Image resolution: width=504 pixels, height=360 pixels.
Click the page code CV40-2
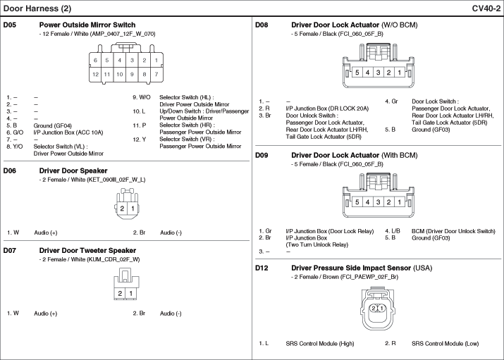(486, 8)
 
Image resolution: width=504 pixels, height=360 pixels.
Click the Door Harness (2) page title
(37, 8)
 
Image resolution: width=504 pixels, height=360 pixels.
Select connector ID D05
(9, 25)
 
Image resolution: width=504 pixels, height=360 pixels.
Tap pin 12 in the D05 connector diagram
(96, 73)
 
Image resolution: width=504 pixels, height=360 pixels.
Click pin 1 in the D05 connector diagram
(156, 61)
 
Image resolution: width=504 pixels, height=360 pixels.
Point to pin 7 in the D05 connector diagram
(156, 73)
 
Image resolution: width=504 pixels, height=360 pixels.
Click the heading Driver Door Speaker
(73, 170)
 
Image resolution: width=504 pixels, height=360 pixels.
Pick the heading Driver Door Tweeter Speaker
(87, 250)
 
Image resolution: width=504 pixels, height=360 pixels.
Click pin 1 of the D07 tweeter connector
(131, 292)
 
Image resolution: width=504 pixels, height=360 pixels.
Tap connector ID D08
(262, 25)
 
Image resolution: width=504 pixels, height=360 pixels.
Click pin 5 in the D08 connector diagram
(357, 73)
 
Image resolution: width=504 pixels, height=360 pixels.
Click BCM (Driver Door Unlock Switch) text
(453, 231)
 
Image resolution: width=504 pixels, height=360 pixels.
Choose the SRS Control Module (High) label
(320, 343)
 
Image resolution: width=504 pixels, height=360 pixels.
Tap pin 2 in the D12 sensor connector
(374, 308)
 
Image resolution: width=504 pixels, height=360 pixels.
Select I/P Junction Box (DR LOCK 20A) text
(327, 108)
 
